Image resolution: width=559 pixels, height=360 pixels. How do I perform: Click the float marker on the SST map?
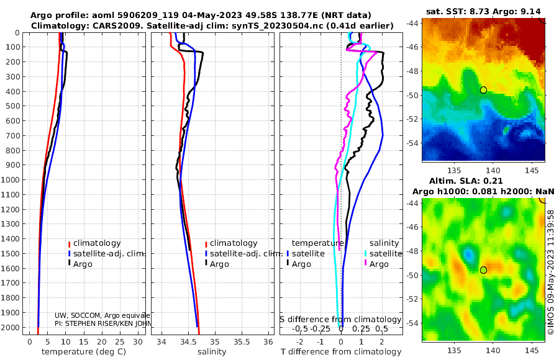483,90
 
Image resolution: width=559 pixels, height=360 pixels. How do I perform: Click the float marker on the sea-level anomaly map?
483,270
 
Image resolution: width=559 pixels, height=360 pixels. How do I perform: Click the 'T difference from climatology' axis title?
341,352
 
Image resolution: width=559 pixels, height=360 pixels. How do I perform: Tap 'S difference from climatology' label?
341,320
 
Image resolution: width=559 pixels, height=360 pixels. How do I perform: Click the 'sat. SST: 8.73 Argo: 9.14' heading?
483,11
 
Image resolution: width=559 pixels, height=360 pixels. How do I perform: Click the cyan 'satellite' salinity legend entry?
384,254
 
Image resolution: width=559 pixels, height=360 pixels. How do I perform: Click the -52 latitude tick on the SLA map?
413,299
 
